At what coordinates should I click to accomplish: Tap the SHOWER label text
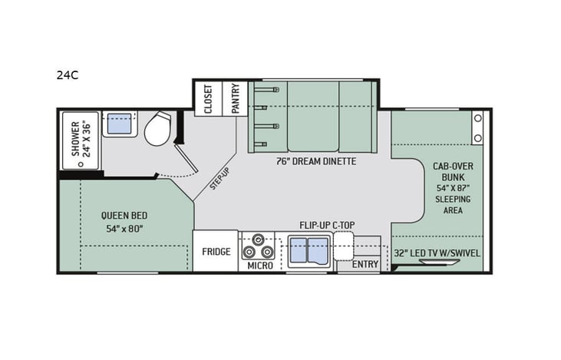click(76, 139)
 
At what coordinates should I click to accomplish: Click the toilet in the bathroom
click(159, 128)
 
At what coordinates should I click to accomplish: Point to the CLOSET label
click(208, 99)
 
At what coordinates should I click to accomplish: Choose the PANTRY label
click(235, 98)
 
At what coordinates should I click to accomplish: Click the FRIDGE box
click(216, 251)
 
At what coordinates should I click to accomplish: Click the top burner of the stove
click(258, 239)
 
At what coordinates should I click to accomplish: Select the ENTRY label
click(365, 265)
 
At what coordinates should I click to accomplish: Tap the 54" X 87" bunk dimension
click(451, 188)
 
